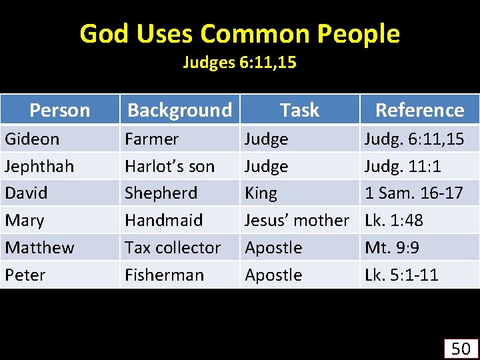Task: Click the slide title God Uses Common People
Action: click(x=239, y=33)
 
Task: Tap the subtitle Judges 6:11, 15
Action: click(x=239, y=63)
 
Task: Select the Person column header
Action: click(x=60, y=110)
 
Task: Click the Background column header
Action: click(x=179, y=110)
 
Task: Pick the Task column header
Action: click(x=299, y=110)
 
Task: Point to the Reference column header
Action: click(x=419, y=110)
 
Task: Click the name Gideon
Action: click(x=32, y=139)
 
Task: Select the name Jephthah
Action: click(x=39, y=166)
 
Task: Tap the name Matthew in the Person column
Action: click(x=39, y=247)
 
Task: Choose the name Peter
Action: click(x=25, y=275)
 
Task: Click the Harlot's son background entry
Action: click(x=169, y=166)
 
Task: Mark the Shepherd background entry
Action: click(x=161, y=193)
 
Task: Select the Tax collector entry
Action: click(x=173, y=247)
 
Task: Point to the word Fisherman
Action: click(x=164, y=275)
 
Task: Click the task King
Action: click(x=261, y=193)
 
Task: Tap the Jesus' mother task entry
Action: click(x=297, y=220)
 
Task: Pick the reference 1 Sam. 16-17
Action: click(x=413, y=193)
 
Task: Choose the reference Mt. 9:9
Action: click(x=391, y=247)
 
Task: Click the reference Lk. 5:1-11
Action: click(x=401, y=275)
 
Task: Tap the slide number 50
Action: click(x=461, y=348)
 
